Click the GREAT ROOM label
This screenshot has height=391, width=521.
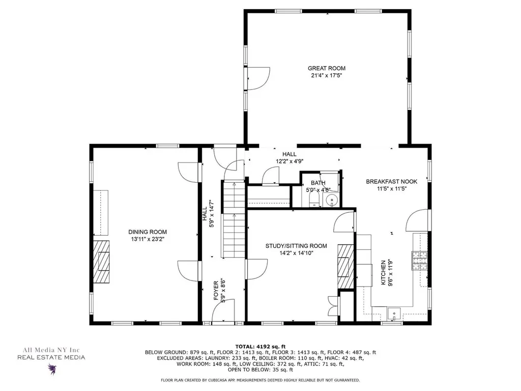(327, 68)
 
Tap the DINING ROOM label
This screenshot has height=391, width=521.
(148, 232)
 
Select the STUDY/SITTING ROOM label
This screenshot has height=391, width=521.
(296, 246)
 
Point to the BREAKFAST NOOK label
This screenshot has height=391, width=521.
(391, 182)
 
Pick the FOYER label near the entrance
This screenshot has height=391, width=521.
(216, 291)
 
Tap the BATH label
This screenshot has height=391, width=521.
(318, 183)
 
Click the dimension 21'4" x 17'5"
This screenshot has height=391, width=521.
(327, 75)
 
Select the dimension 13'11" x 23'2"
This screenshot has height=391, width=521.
(148, 239)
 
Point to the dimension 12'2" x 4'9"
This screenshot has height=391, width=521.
(290, 161)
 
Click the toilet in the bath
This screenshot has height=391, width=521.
(313, 200)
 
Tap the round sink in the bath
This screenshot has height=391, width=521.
(332, 200)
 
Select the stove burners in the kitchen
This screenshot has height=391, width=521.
(420, 260)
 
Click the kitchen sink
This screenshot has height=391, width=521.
(394, 314)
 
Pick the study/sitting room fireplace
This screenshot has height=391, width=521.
(346, 266)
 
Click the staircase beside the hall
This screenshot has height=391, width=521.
(234, 219)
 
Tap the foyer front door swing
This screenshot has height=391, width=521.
(223, 311)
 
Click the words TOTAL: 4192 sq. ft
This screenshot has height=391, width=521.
(260, 346)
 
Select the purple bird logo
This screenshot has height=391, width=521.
(52, 369)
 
